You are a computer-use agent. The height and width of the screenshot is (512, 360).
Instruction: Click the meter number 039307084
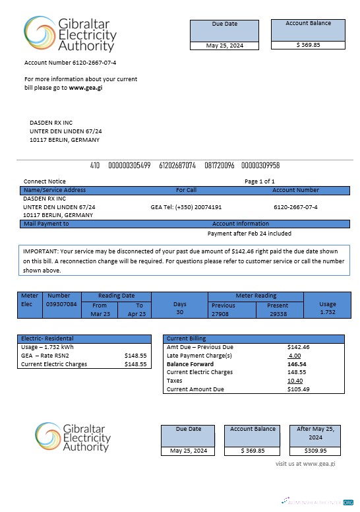(x=61, y=305)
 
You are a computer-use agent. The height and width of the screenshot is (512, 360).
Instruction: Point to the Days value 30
(x=179, y=312)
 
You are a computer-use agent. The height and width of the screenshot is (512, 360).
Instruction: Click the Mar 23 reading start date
(x=100, y=315)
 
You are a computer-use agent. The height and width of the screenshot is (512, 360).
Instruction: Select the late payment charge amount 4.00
(x=294, y=355)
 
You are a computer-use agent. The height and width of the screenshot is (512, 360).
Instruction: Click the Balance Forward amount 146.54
(x=297, y=364)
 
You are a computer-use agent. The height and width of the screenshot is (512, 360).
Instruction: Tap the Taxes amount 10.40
(x=295, y=381)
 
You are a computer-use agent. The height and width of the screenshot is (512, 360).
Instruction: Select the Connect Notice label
(x=45, y=181)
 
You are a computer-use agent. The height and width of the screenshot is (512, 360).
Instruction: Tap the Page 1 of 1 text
(x=259, y=181)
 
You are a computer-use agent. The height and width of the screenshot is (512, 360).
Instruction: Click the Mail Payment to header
(x=46, y=224)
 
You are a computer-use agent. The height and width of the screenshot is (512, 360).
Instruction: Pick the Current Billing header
(x=187, y=338)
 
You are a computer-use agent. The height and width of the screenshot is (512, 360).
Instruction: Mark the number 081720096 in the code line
(x=219, y=165)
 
